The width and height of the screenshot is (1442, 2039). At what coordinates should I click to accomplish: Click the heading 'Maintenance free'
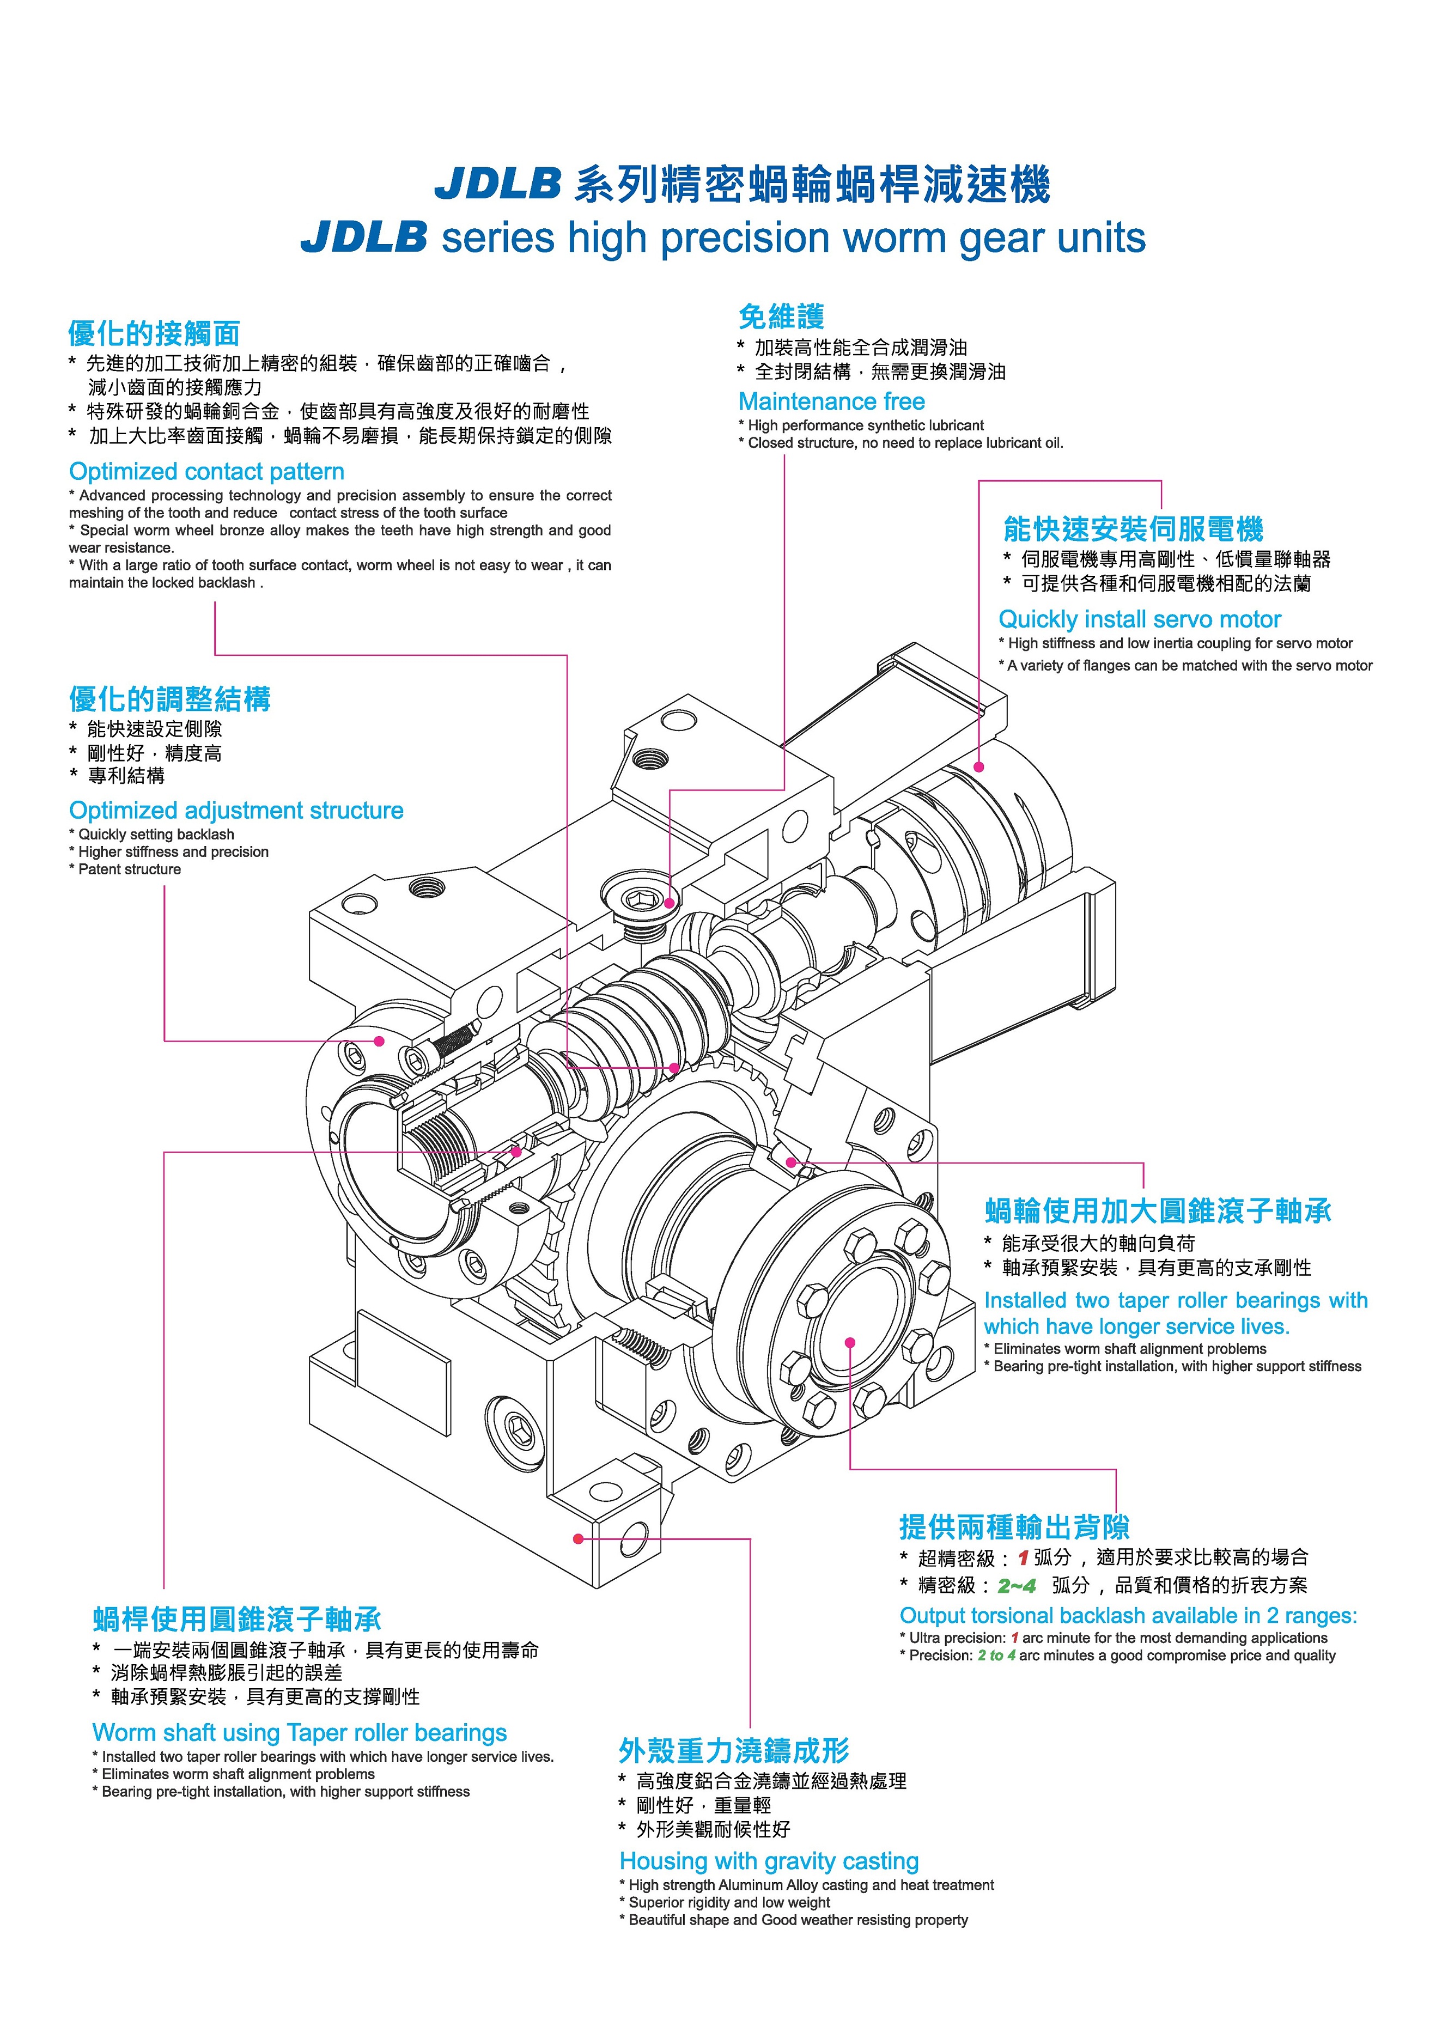831,401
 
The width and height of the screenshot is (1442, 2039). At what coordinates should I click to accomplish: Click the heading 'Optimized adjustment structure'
236,810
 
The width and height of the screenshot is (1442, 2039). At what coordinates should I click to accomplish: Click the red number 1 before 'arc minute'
1014,1638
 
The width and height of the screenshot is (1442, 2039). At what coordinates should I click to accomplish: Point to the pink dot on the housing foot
578,1539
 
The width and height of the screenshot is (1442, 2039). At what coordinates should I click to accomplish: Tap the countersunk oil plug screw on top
637,902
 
